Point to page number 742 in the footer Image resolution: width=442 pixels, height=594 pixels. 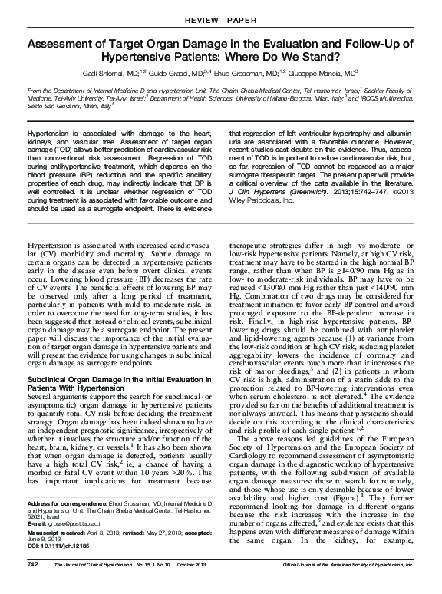[32, 585]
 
